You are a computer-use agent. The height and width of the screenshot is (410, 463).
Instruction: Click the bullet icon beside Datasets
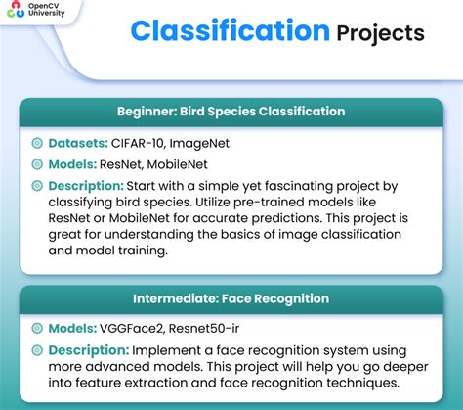(37, 143)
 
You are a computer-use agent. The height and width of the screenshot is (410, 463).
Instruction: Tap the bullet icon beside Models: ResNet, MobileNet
(37, 164)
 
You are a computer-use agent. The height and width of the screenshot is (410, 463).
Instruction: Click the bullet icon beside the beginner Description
(37, 186)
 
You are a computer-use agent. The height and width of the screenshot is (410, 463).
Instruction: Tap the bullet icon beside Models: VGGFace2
(37, 329)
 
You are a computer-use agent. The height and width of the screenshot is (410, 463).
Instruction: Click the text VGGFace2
(138, 329)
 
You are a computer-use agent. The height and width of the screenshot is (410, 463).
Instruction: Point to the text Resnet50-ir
(217, 329)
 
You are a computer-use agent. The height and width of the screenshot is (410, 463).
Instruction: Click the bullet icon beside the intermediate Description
(37, 350)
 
